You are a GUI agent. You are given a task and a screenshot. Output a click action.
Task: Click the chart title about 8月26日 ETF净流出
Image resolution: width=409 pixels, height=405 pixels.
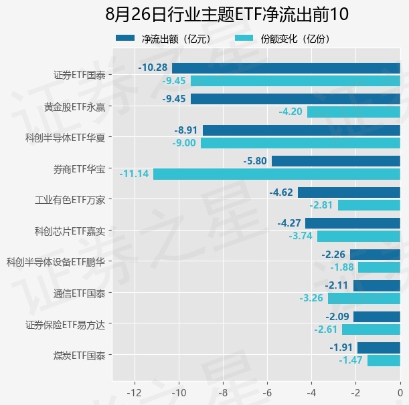click(227, 14)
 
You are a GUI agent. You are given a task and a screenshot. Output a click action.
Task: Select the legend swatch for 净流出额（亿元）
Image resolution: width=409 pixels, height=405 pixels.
click(125, 38)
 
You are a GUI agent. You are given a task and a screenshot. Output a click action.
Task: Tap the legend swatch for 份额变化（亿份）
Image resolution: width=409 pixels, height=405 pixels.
click(244, 38)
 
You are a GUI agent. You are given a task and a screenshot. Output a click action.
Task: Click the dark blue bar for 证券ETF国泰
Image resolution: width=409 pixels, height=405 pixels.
click(286, 68)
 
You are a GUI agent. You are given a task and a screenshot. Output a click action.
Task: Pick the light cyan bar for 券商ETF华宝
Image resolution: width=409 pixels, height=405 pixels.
click(276, 174)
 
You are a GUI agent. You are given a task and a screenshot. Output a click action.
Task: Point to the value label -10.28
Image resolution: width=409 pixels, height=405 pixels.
click(153, 67)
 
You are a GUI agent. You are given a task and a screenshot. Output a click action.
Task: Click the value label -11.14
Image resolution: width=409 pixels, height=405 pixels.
click(134, 174)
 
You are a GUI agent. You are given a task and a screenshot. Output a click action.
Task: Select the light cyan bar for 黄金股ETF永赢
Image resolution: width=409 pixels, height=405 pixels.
click(353, 112)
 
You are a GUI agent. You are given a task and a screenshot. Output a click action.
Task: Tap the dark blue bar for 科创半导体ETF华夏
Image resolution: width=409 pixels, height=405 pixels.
click(301, 130)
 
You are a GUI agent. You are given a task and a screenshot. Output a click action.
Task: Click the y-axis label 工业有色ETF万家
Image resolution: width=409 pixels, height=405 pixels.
click(70, 200)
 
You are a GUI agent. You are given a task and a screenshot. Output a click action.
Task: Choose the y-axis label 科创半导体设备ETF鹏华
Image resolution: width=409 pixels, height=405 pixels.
click(56, 262)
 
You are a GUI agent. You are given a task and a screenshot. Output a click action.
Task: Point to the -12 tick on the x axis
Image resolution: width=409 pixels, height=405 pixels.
click(135, 392)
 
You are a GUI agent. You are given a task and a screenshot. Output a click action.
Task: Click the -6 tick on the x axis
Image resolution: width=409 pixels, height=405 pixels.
click(267, 392)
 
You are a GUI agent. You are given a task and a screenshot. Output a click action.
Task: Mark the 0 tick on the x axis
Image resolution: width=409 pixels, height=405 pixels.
click(400, 392)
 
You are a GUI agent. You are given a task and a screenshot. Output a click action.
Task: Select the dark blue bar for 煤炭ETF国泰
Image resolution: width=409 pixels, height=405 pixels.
click(379, 348)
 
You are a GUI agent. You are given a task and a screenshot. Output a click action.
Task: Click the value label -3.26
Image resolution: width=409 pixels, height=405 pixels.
click(311, 297)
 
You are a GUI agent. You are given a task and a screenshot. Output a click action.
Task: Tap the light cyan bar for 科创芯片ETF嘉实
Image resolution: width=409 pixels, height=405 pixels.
click(359, 237)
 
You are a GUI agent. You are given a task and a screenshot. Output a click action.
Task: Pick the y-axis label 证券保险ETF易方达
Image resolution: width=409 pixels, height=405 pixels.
click(65, 325)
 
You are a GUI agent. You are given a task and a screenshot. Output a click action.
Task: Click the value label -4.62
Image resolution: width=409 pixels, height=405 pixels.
click(281, 192)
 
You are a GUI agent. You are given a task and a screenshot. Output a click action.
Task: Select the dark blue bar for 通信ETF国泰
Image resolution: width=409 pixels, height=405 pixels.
click(377, 286)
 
